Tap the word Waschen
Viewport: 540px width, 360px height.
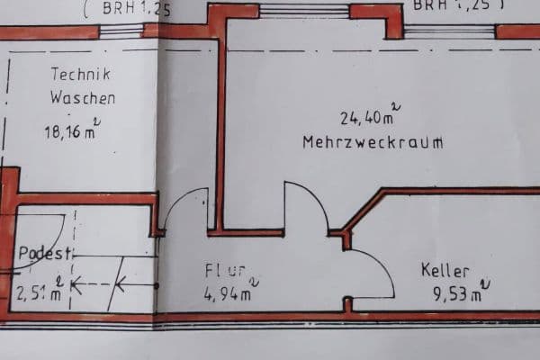[82, 98]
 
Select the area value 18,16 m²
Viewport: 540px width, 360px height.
[72, 131]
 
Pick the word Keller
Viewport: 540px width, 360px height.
[445, 270]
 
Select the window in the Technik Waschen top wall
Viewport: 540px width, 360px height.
[121, 31]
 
